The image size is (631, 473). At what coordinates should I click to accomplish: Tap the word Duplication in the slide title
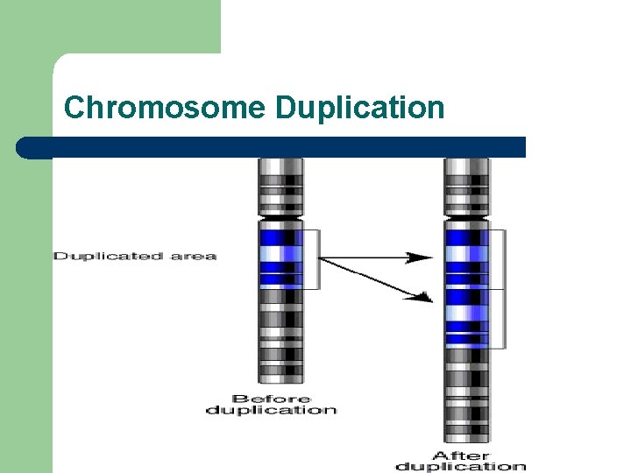(x=359, y=108)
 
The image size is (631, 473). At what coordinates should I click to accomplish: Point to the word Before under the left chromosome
(x=271, y=399)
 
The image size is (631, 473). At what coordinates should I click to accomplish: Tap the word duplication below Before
(x=271, y=410)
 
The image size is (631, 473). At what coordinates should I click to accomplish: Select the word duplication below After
(x=461, y=466)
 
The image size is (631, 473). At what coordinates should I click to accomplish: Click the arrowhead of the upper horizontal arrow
(x=424, y=258)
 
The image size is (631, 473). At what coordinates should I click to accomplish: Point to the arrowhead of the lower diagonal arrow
(x=424, y=298)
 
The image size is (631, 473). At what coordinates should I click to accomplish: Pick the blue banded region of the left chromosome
(x=280, y=256)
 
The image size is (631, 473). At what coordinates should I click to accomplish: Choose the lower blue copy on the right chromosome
(x=466, y=319)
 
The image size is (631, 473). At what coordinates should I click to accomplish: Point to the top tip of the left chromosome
(x=280, y=160)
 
